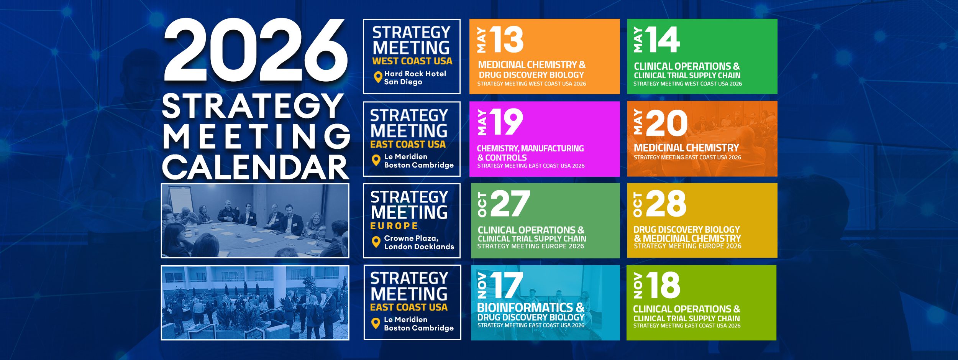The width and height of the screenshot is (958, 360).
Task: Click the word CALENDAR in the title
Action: tap(256, 168)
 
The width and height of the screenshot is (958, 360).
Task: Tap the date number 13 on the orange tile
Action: tap(506, 39)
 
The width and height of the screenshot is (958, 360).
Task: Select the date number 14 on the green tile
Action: tap(663, 39)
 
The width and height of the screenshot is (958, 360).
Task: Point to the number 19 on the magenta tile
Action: tap(507, 122)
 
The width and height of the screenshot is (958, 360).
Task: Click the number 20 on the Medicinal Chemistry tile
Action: tap(667, 123)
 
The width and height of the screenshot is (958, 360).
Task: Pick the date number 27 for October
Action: tap(510, 204)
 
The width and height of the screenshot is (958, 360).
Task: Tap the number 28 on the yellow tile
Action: tap(666, 204)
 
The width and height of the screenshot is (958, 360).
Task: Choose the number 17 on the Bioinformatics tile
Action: tap(507, 285)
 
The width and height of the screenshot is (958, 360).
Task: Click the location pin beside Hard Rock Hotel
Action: tap(378, 77)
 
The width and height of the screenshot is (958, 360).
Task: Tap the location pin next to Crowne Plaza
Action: tap(376, 242)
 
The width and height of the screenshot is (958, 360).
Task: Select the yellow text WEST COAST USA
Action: tap(412, 61)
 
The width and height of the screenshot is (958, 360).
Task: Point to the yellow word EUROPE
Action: tap(394, 226)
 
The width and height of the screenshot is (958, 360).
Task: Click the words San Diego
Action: tap(403, 82)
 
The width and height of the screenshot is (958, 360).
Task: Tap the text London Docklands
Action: tap(419, 247)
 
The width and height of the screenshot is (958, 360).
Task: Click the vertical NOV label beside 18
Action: tap(638, 286)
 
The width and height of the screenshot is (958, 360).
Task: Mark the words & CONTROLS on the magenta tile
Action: tap(502, 158)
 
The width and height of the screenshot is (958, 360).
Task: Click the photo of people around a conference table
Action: tap(255, 220)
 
